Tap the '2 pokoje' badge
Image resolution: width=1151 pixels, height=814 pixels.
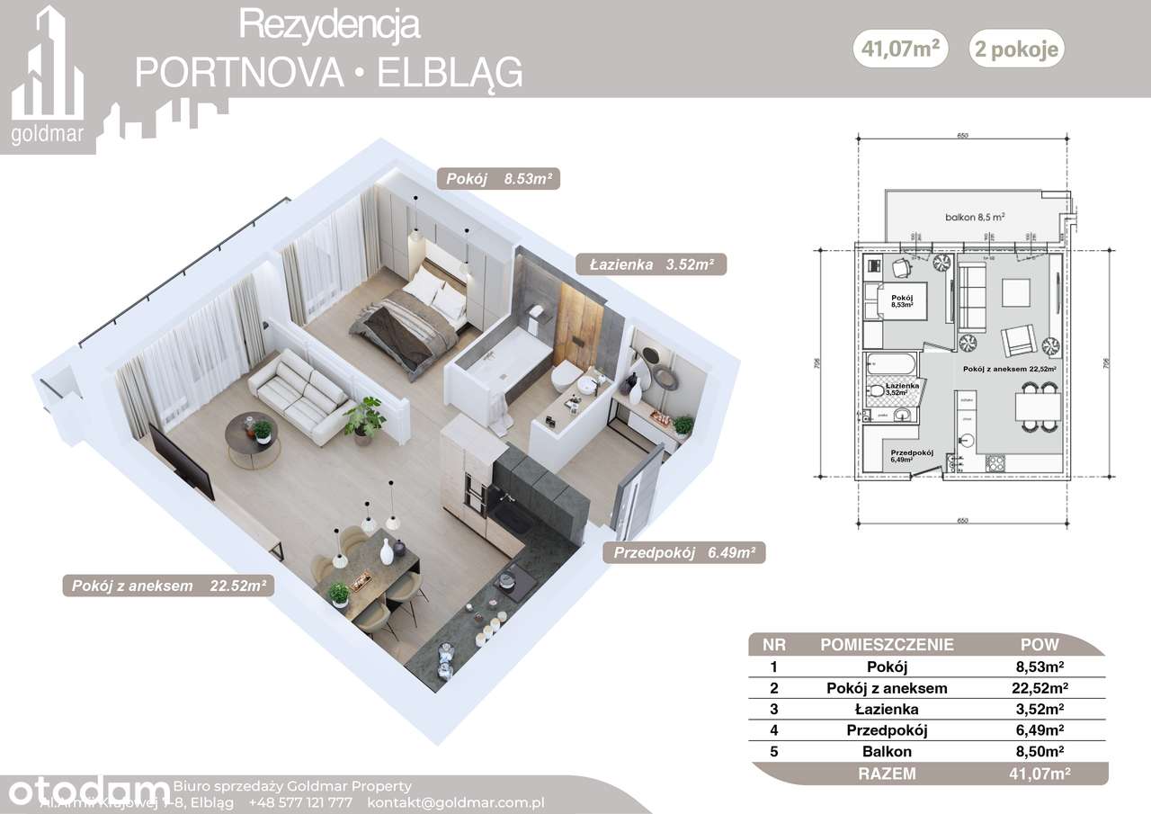pyautogui.click(x=1016, y=50)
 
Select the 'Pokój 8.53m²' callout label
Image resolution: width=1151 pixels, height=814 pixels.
pyautogui.click(x=497, y=179)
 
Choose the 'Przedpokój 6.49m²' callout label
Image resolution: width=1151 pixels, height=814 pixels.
pyautogui.click(x=683, y=553)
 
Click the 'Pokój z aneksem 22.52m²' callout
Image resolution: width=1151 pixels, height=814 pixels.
pyautogui.click(x=167, y=586)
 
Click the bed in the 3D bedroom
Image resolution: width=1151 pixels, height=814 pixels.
pyautogui.click(x=409, y=319)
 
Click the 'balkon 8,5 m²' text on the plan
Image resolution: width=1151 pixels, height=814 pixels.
pyautogui.click(x=974, y=217)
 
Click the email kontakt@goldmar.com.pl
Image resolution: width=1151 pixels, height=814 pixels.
pyautogui.click(x=469, y=801)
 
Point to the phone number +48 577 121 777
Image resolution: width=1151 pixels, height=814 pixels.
pyautogui.click(x=301, y=801)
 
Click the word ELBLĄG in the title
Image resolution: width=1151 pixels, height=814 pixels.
pyautogui.click(x=450, y=73)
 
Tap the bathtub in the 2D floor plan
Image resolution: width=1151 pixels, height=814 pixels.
pyautogui.click(x=889, y=368)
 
